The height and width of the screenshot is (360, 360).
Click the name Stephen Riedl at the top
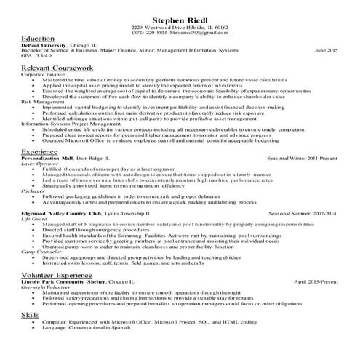coord(180,18)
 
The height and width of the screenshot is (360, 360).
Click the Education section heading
coord(38,38)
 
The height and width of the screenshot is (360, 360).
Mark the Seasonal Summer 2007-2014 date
coord(303,214)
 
